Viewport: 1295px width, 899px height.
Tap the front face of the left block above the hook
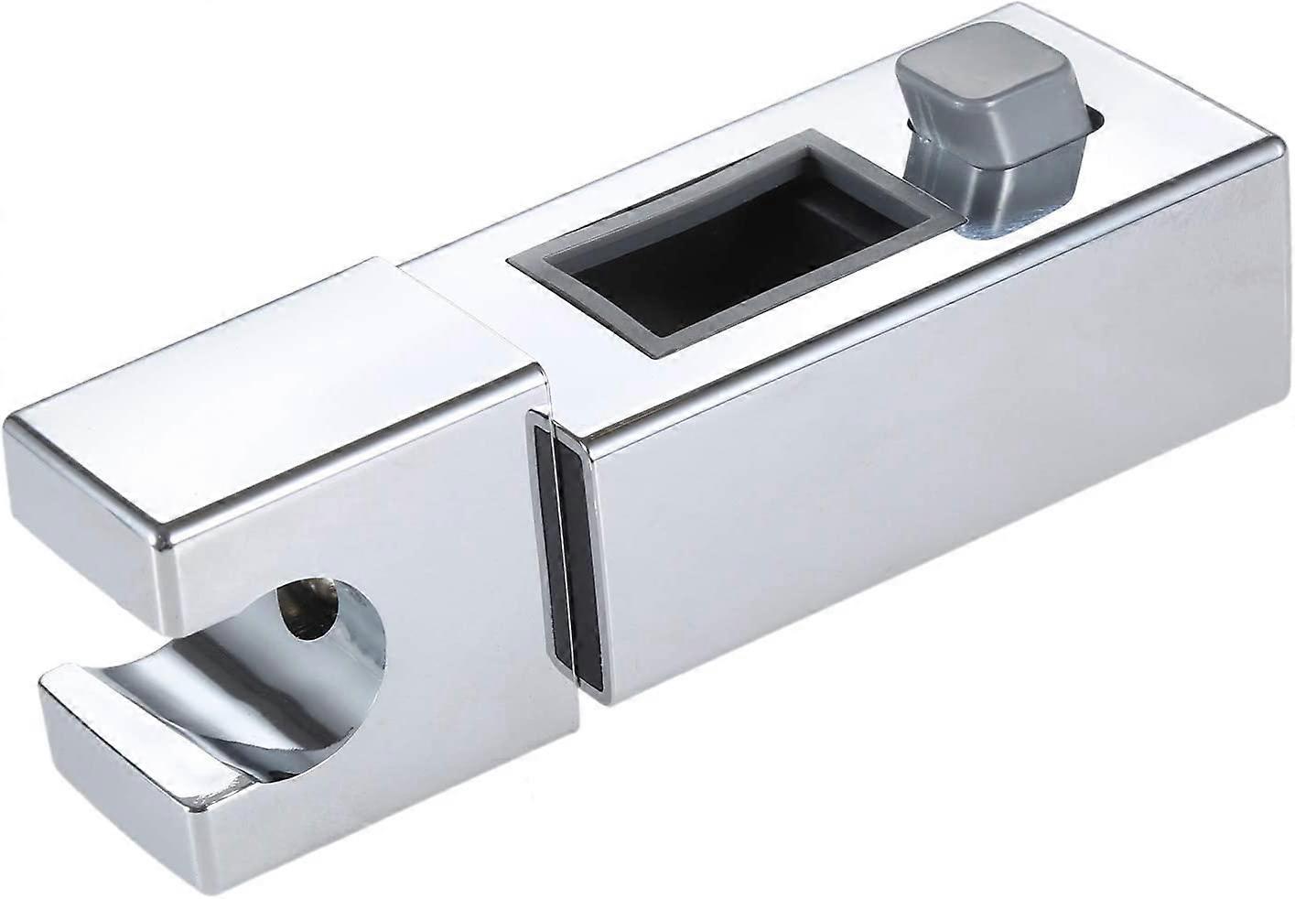click(x=348, y=549)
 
